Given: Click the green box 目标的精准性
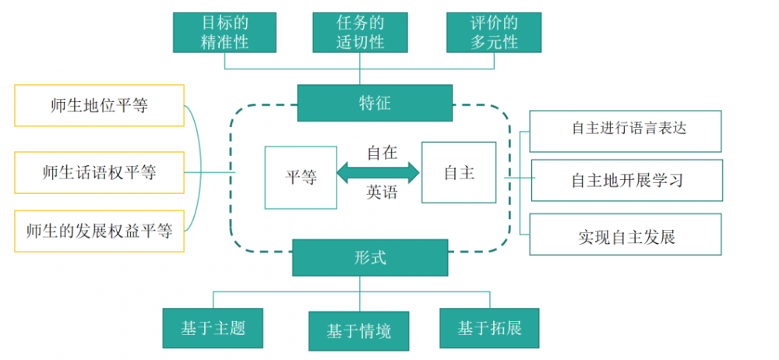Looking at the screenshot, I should (225, 32).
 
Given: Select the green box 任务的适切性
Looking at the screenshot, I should (359, 32).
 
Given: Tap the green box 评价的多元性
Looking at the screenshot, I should (494, 32).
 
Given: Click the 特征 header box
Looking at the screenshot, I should (375, 103).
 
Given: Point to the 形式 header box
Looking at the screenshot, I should (370, 257).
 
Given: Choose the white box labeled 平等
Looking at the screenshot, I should (301, 178).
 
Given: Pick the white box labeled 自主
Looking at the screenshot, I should (459, 172).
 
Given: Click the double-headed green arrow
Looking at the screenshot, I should (379, 172).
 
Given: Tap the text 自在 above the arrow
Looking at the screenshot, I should (382, 153).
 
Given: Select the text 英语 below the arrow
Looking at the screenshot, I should (382, 192).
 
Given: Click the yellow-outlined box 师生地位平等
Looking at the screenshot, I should (99, 106).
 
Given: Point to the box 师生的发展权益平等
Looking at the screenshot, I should (99, 231).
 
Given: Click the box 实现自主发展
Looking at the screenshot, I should (626, 234).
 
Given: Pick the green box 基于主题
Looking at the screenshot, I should (213, 328).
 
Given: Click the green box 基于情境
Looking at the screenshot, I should (358, 331).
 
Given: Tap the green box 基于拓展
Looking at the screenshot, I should (489, 328).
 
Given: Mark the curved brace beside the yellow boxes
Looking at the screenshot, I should (199, 171).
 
